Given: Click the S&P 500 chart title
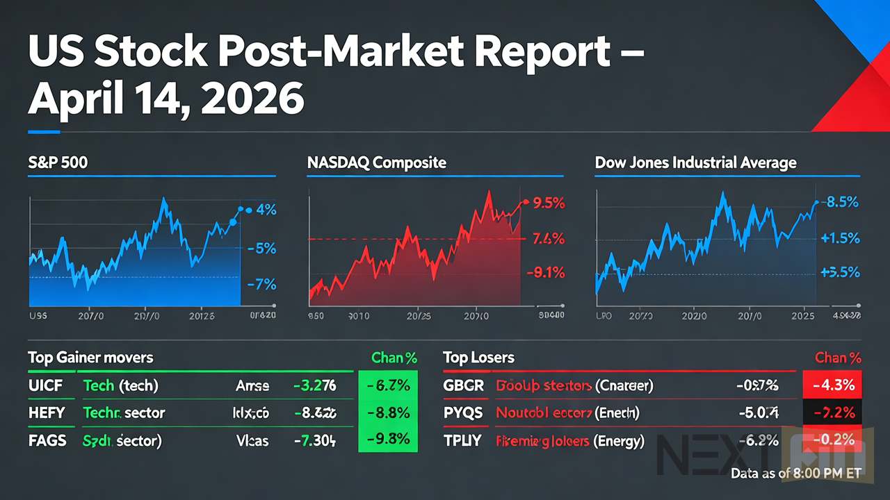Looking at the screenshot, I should point(58,163).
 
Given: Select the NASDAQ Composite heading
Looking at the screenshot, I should point(376,163).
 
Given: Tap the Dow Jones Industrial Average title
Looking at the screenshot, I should point(695,163).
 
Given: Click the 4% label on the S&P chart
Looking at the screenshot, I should point(265,209).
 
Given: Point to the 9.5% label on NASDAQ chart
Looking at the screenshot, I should point(548,203).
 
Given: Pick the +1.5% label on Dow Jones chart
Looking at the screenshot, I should point(841,238).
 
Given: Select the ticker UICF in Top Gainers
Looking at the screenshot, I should point(46,385).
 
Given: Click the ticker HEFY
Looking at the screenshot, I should point(47,412).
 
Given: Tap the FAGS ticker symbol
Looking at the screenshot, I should point(48,440).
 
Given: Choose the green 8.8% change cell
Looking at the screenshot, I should point(387,412).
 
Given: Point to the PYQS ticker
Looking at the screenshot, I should point(463,412).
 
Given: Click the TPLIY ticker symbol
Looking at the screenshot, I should point(462,440).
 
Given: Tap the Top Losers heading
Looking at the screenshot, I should point(478,358).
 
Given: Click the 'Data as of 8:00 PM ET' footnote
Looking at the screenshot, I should point(796,474).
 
